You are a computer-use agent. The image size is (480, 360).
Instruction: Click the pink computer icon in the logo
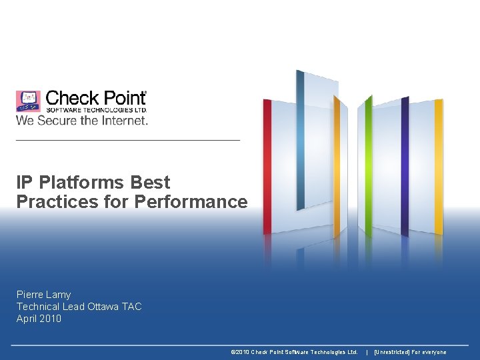pyautogui.click(x=28, y=101)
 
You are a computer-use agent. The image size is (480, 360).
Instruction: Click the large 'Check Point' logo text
pyautogui.click(x=96, y=99)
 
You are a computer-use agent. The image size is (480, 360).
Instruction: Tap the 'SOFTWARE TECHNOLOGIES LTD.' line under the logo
pyautogui.click(x=96, y=110)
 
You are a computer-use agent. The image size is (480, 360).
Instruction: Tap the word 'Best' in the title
pyautogui.click(x=150, y=183)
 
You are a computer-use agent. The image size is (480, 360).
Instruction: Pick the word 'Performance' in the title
pyautogui.click(x=191, y=201)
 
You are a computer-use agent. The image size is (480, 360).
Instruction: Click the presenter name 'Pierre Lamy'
pyautogui.click(x=43, y=295)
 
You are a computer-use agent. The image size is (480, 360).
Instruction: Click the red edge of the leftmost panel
pyautogui.click(x=267, y=167)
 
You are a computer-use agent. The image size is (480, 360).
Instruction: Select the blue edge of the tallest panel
pyautogui.click(x=301, y=140)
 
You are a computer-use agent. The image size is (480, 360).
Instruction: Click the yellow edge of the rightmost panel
pyautogui.click(x=439, y=167)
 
